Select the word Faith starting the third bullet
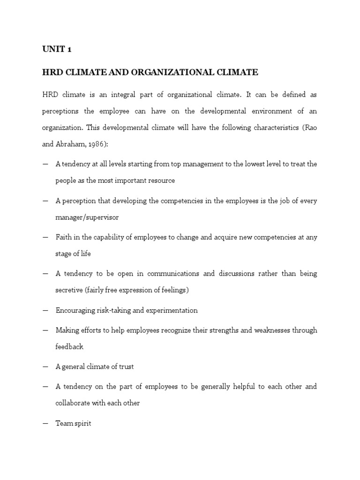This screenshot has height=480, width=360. coord(63,237)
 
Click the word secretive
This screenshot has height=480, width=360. coord(69,290)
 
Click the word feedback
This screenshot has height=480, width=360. coord(69,347)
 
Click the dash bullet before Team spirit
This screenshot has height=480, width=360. coord(45,423)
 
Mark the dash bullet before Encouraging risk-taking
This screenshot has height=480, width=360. coord(45,310)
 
